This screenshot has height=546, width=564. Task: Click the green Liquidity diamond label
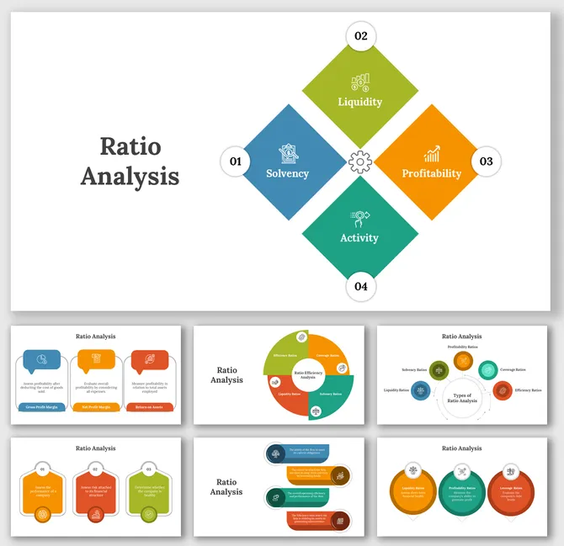pos(359,102)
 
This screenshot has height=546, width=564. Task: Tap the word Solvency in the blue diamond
pos(287,173)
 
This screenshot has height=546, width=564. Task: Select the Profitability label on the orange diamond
pos(431,173)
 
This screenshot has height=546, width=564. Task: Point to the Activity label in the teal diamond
pos(359,237)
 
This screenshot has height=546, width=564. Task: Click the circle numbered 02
pos(360,35)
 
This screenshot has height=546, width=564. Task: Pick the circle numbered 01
pos(235,161)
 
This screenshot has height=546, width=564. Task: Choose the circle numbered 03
pos(487,161)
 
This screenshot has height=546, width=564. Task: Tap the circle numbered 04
pos(360,286)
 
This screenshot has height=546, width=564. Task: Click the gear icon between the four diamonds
pos(360,161)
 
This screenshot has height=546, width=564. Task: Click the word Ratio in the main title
pos(130,146)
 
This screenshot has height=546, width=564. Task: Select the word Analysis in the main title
pos(130,176)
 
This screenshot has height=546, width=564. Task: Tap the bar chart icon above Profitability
pos(432,154)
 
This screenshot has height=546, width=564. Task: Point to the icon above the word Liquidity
pos(360,82)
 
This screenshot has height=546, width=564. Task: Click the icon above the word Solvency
pos(287,153)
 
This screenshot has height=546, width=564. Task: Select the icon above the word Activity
pos(359,218)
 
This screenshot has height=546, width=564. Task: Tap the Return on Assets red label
pos(150,407)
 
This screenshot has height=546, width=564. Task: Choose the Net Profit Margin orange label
pos(96,407)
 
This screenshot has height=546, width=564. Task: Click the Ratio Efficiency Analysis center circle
pos(308,374)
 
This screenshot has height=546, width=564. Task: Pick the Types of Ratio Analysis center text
pos(462,398)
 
